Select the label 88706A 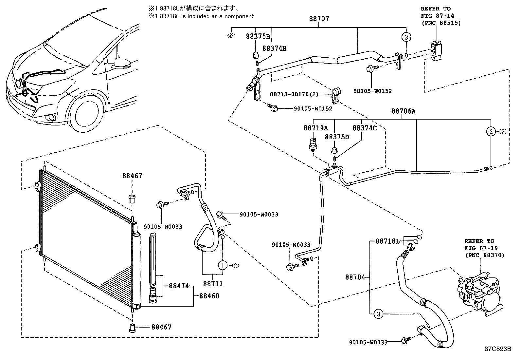point(403,111)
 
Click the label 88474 point(179,286)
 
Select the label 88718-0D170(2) point(294,94)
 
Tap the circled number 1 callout point(223,265)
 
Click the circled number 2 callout point(491,131)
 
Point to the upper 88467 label point(132,176)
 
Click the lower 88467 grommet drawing point(132,327)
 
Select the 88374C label point(364,128)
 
